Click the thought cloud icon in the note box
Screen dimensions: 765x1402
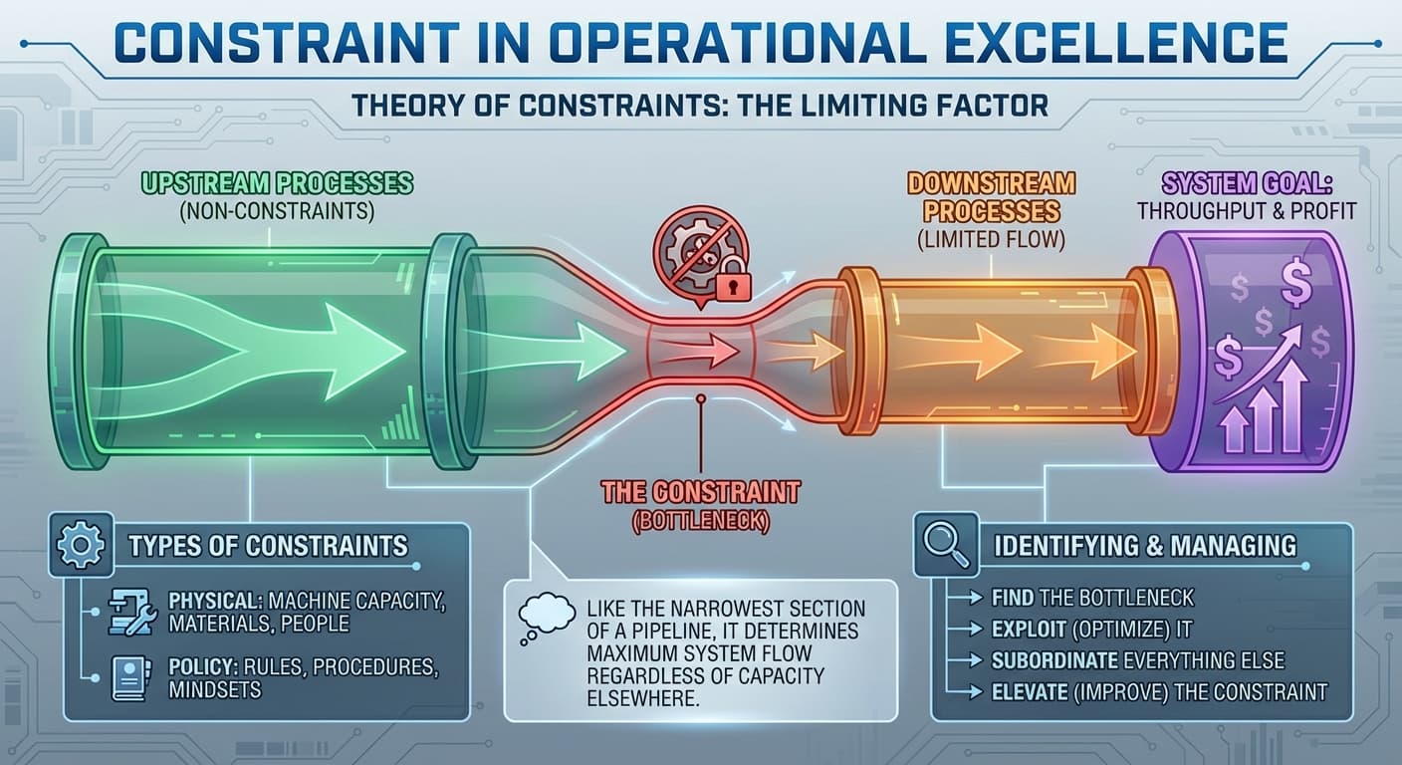tap(546, 614)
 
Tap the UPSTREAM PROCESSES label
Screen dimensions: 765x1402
tap(276, 184)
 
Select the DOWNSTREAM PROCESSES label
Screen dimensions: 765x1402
tap(991, 197)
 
